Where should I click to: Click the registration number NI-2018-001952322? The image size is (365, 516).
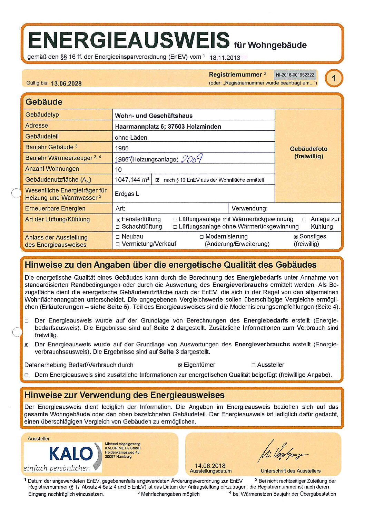[295, 75]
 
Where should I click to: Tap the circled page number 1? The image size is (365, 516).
[334, 78]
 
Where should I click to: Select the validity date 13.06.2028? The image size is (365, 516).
[66, 83]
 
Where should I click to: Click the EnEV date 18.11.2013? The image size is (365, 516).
[225, 58]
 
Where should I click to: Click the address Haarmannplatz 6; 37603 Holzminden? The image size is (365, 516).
[168, 127]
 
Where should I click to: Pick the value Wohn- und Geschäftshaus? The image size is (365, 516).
[154, 116]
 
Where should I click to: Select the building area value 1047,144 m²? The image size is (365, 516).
[132, 180]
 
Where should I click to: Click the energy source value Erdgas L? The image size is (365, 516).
[127, 194]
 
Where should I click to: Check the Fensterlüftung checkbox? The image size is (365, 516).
[118, 220]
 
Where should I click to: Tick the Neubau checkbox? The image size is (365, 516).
[118, 237]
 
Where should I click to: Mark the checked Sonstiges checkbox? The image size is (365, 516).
[296, 237]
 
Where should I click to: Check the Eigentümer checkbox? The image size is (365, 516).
[180, 365]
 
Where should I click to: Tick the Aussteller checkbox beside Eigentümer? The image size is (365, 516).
[254, 365]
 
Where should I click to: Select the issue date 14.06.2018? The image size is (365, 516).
[210, 466]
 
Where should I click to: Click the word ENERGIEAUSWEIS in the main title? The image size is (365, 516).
[129, 40]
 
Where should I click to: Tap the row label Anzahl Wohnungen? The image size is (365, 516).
[52, 169]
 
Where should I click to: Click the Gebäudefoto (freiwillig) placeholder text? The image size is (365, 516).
[308, 152]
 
